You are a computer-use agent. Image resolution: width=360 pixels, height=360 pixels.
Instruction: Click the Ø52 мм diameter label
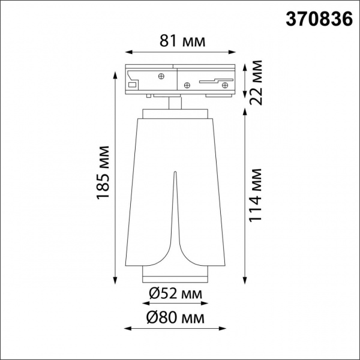click(174, 293)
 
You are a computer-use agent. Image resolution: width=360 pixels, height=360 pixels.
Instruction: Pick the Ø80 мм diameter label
click(174, 316)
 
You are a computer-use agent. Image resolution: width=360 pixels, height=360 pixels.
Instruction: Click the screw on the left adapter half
click(160, 76)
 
